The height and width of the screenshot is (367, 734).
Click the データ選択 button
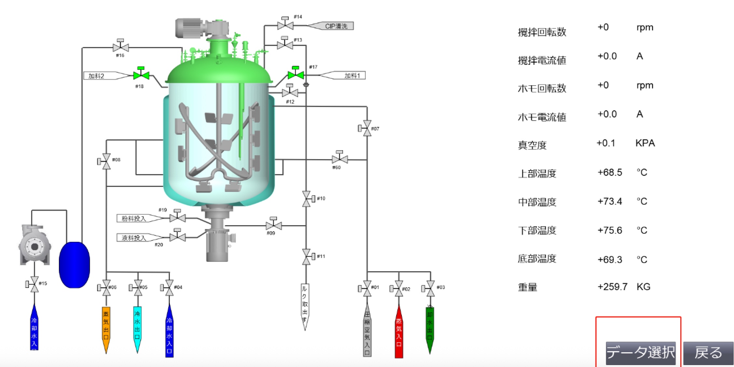pyautogui.click(x=640, y=353)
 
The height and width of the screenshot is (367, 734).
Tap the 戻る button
pyautogui.click(x=708, y=353)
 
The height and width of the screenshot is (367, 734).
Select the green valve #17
pyautogui.click(x=296, y=75)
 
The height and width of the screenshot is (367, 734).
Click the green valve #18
pyautogui.click(x=141, y=75)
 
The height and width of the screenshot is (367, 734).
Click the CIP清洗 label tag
pyautogui.click(x=335, y=26)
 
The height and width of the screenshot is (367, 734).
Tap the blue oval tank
pyautogui.click(x=74, y=265)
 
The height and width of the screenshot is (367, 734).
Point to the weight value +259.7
pyautogui.click(x=612, y=287)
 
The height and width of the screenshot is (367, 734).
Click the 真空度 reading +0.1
pyautogui.click(x=606, y=143)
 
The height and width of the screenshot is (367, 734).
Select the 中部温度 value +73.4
pyautogui.click(x=610, y=201)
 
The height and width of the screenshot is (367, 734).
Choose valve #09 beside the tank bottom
pyautogui.click(x=274, y=225)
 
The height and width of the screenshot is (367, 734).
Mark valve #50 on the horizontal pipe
pyautogui.click(x=339, y=159)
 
